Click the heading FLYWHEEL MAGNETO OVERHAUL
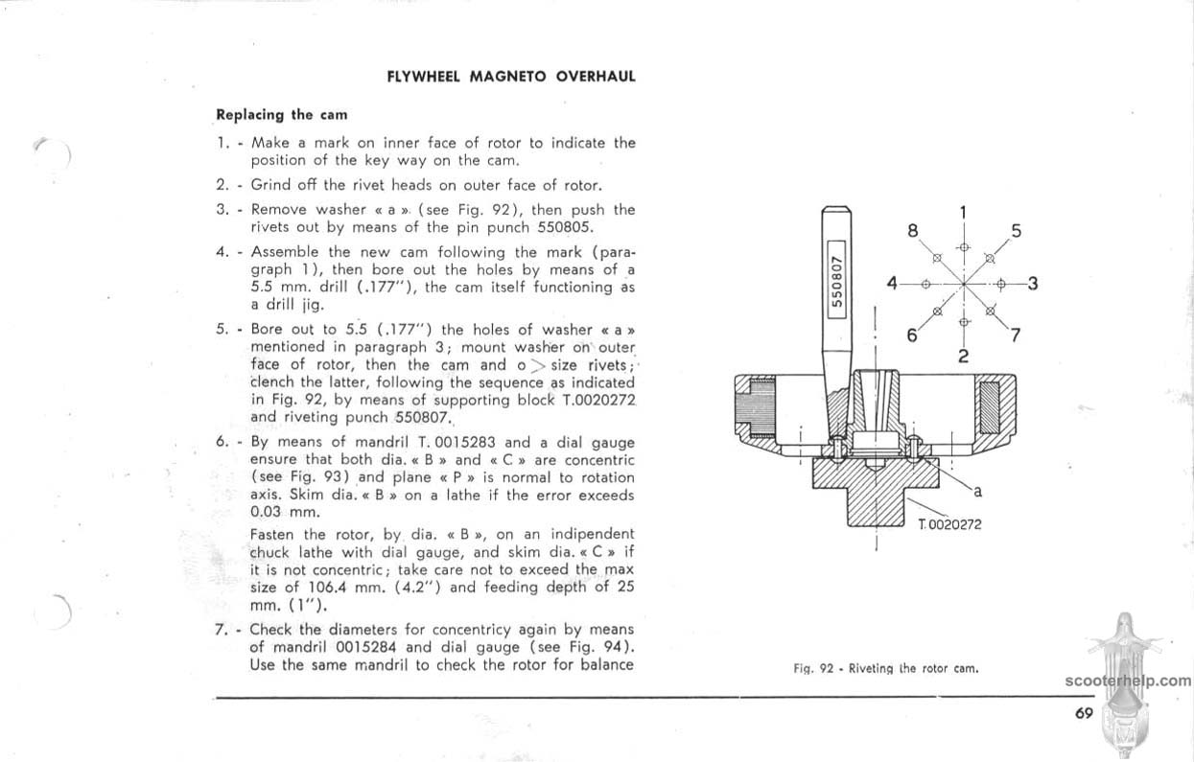[511, 76]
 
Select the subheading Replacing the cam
[281, 115]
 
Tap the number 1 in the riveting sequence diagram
[964, 213]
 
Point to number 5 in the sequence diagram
[1017, 230]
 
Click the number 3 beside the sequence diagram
[1032, 284]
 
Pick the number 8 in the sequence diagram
[913, 231]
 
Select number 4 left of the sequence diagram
[892, 284]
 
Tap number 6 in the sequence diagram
[913, 335]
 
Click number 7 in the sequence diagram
[1016, 335]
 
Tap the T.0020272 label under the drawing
[949, 524]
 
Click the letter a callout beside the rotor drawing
[977, 492]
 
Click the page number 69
[1084, 712]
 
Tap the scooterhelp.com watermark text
[1127, 681]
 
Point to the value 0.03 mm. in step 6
[278, 513]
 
